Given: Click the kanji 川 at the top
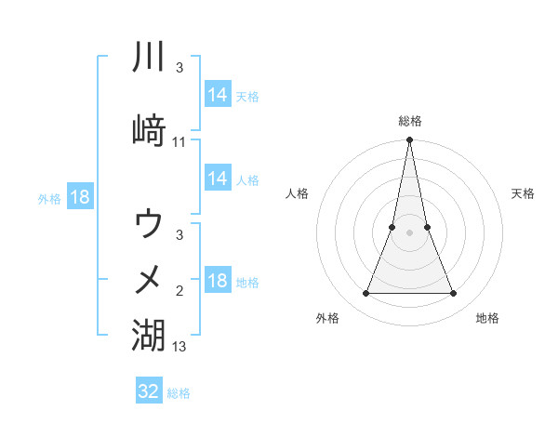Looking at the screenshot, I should click(x=149, y=58).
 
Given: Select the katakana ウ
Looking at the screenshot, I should click(x=149, y=224).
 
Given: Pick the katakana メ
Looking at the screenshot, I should click(x=149, y=278).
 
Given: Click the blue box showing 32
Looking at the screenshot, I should click(x=149, y=391).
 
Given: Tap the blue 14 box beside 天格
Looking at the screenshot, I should click(x=218, y=95).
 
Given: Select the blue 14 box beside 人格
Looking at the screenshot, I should click(x=218, y=179).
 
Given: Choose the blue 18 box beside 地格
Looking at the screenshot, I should click(x=218, y=282).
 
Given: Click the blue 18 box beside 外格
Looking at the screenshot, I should click(x=79, y=197).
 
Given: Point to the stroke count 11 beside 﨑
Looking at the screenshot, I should click(x=179, y=142).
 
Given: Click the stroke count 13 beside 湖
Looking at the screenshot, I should click(x=179, y=347).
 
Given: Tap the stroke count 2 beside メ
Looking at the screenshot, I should click(x=179, y=291).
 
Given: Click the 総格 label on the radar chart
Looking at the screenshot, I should click(x=410, y=121).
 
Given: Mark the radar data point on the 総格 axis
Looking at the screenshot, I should click(x=410, y=140).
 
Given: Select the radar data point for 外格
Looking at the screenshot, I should click(x=365, y=294).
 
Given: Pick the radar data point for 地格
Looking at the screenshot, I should click(x=454, y=294).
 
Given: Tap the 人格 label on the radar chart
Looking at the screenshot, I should click(x=298, y=193).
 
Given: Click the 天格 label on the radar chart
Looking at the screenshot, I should click(x=523, y=193).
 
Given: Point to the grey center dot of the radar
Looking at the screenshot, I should click(x=410, y=232).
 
